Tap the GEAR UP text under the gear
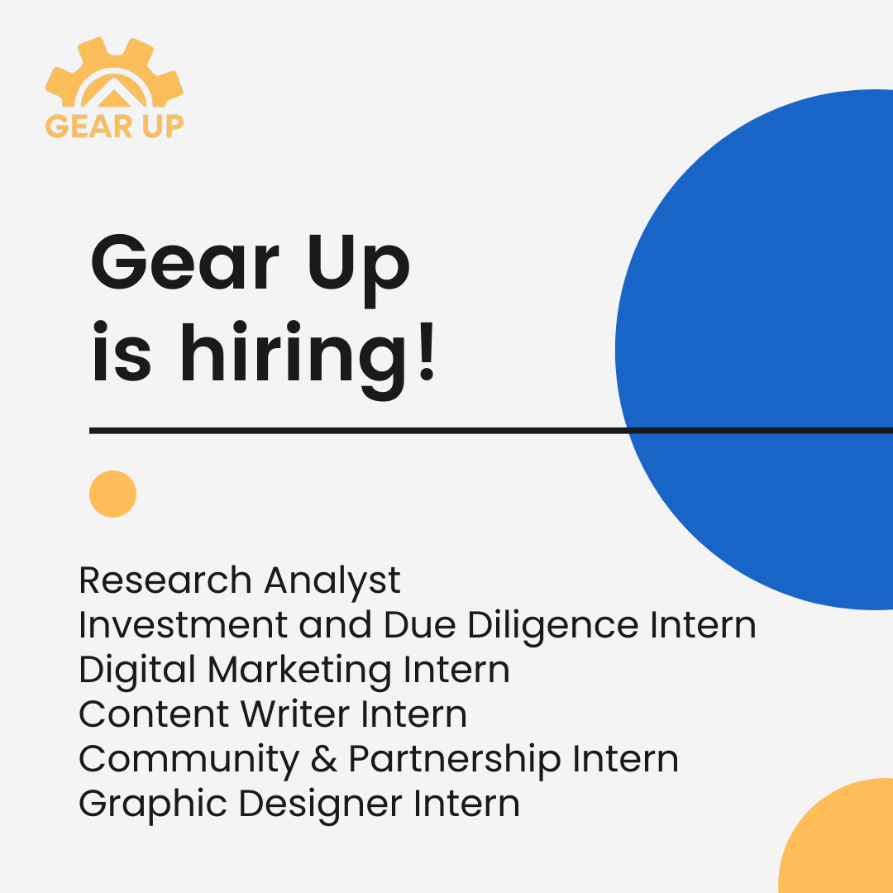tap(114, 126)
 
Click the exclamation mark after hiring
tap(427, 351)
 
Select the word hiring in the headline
tap(295, 359)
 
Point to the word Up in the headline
tap(359, 269)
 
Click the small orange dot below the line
tap(112, 494)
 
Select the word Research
tap(165, 580)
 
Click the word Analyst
tap(332, 582)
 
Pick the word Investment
tap(183, 625)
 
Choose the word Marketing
tap(299, 671)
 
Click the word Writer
tap(295, 714)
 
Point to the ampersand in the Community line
tap(324, 759)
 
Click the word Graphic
tap(153, 805)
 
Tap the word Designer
tap(320, 805)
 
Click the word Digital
tap(137, 671)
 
